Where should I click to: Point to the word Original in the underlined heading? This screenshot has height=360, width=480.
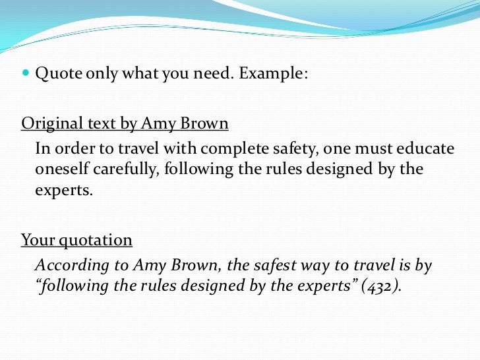click(47, 123)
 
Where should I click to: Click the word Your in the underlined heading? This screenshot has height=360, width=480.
click(36, 240)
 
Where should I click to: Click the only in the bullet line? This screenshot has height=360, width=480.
click(104, 74)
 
